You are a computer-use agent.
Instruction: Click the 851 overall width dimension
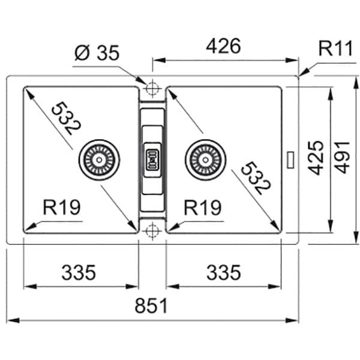click(x=151, y=305)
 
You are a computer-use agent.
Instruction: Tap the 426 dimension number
click(x=223, y=46)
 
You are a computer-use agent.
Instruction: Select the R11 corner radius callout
click(x=335, y=49)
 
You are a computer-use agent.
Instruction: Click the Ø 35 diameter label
click(x=97, y=53)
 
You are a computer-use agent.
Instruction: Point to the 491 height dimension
click(x=342, y=157)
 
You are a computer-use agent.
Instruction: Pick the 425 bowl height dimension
click(x=316, y=158)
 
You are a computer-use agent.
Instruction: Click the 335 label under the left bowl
click(x=79, y=272)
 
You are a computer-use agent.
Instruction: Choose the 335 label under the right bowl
click(x=224, y=272)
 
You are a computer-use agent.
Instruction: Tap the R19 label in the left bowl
click(x=62, y=208)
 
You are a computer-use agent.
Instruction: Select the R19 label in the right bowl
click(x=203, y=208)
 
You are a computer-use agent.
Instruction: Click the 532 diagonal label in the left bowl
click(x=66, y=118)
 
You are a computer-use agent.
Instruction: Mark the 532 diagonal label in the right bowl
click(x=256, y=178)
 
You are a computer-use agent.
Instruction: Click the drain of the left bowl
click(x=99, y=160)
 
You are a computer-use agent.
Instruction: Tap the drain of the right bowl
click(x=205, y=160)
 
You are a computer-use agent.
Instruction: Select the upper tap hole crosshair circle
click(x=152, y=88)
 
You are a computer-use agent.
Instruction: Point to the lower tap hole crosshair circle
click(x=152, y=231)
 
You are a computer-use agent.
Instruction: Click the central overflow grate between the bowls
click(x=152, y=160)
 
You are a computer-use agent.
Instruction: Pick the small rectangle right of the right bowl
click(x=290, y=160)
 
